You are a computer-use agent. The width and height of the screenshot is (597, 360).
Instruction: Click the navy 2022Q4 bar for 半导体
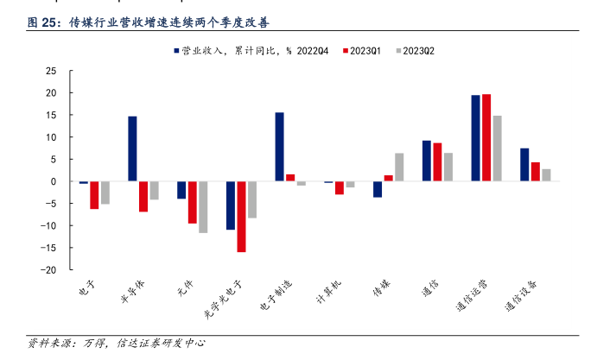click(x=132, y=148)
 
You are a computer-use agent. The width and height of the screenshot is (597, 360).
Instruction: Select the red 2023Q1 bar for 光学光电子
click(x=241, y=217)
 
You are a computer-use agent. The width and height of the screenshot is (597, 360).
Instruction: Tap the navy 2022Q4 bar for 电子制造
click(x=279, y=147)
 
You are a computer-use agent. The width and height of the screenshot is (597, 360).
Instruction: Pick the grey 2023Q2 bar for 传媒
click(x=399, y=167)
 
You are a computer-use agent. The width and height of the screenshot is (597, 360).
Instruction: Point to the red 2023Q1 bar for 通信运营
click(x=486, y=137)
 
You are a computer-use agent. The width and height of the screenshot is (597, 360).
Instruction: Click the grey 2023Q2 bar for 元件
click(x=203, y=207)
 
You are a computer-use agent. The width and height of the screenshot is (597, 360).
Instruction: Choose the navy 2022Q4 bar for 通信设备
click(x=524, y=165)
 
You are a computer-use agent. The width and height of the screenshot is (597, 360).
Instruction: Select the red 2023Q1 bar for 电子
click(x=94, y=195)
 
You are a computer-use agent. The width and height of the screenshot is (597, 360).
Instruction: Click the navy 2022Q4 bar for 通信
click(x=427, y=161)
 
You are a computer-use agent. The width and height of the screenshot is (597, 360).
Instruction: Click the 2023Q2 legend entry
click(x=414, y=51)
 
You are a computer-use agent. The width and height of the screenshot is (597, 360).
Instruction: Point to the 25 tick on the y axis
click(x=51, y=71)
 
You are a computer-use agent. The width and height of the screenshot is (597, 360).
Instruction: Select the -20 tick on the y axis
click(x=49, y=270)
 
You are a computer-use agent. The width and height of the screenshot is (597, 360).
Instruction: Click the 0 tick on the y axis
click(x=54, y=181)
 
